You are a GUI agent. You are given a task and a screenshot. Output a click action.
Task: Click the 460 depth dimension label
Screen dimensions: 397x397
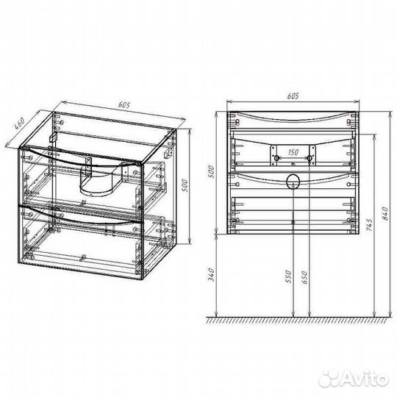pyautogui.click(x=19, y=124)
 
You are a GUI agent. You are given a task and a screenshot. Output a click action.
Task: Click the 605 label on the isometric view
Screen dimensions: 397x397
pyautogui.click(x=124, y=104)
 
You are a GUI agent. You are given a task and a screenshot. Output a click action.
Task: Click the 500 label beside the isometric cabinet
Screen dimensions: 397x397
pyautogui.click(x=185, y=185)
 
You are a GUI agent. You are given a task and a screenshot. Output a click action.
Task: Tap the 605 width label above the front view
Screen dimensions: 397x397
pyautogui.click(x=293, y=96)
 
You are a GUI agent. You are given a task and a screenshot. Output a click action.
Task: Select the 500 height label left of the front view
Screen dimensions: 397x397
pyautogui.click(x=212, y=171)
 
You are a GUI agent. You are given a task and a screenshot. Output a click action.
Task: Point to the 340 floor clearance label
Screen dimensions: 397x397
pyautogui.click(x=212, y=274)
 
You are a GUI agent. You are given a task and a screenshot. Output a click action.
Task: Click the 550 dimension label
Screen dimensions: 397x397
pyautogui.click(x=288, y=276)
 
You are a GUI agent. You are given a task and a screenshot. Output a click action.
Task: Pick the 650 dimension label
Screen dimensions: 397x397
pyautogui.click(x=304, y=277)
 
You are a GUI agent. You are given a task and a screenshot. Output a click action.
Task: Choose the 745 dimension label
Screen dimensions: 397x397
pyautogui.click(x=369, y=225)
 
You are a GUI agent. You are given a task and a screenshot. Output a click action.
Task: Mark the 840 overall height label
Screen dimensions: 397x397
pyautogui.click(x=385, y=213)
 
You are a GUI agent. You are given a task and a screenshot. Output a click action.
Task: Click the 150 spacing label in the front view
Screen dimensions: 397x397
pyautogui.click(x=293, y=152)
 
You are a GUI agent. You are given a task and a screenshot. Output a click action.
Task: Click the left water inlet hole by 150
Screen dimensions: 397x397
pyautogui.click(x=276, y=158)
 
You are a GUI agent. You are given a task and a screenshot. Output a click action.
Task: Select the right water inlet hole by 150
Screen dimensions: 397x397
pyautogui.click(x=309, y=158)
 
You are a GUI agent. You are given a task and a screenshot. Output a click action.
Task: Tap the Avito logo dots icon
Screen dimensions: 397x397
pyautogui.click(x=329, y=379)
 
